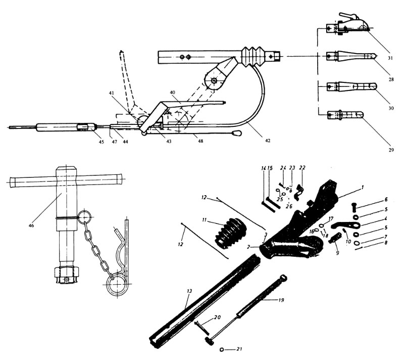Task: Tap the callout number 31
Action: click(391, 58)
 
